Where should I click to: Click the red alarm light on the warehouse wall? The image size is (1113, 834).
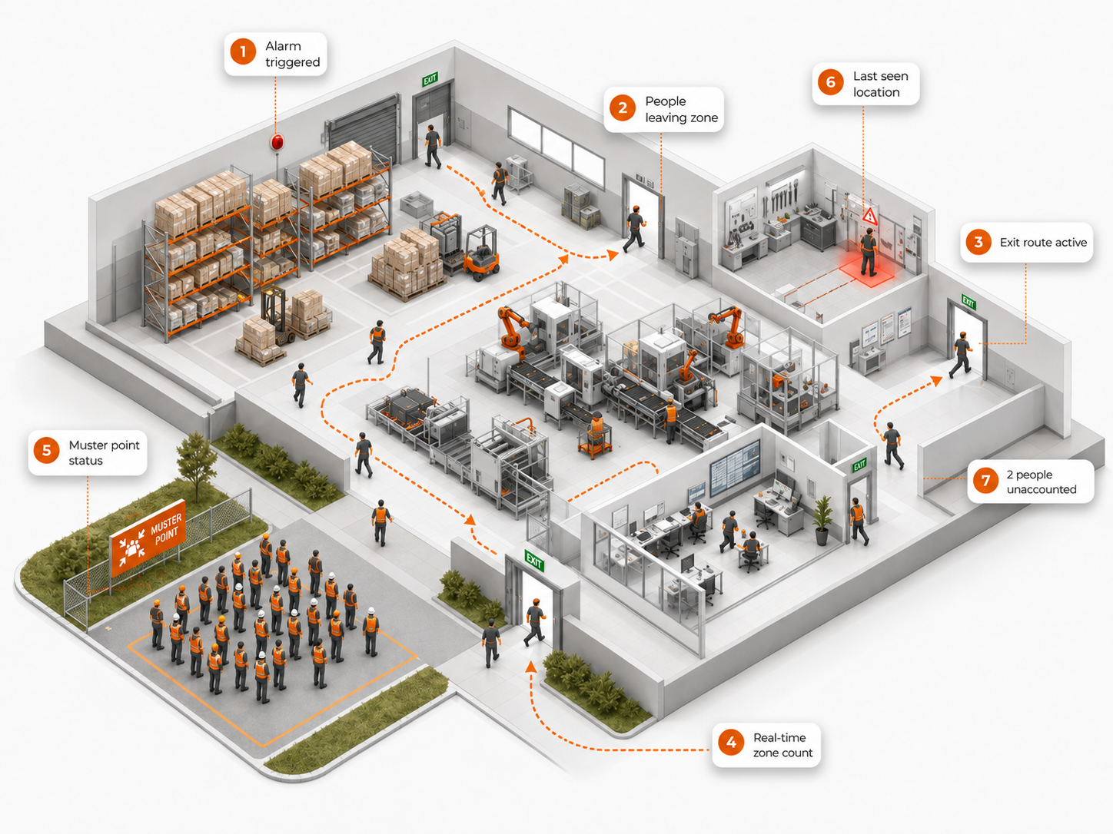pos(277,142)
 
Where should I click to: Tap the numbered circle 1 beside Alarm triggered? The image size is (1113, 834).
pos(243,52)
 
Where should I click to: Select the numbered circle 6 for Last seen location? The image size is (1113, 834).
pos(831,82)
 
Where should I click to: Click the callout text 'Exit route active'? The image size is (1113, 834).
pos(1043,243)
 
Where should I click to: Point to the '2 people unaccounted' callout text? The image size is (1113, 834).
pos(1041,482)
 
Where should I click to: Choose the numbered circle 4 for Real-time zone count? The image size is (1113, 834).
pos(731,743)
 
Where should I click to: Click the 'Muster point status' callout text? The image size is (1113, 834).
pos(104,452)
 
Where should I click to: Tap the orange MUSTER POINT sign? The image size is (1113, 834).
pos(148,538)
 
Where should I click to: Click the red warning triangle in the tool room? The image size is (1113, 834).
pos(869,217)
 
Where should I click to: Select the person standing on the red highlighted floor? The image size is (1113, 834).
pos(868,252)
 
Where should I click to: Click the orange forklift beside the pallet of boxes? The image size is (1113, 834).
pos(480,253)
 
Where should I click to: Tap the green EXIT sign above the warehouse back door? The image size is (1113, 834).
pos(430,79)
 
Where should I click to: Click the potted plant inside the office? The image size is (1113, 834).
pos(822,520)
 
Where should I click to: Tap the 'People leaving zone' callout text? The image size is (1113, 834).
pos(681,109)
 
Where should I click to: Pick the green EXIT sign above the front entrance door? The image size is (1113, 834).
pos(534,561)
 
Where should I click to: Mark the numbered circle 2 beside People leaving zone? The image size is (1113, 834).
pos(622,108)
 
